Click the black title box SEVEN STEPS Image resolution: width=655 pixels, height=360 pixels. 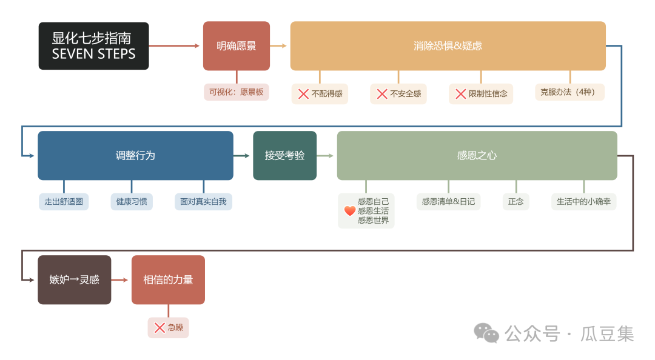[x=93, y=46]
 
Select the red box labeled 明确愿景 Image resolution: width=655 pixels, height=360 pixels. [x=236, y=46]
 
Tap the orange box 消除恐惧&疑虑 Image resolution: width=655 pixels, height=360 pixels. [x=448, y=46]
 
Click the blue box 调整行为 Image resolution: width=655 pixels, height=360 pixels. [x=135, y=156]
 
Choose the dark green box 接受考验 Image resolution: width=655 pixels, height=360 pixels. [x=284, y=156]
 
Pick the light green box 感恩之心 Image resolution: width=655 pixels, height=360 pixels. [x=477, y=156]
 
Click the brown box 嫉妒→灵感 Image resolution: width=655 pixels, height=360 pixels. [x=75, y=280]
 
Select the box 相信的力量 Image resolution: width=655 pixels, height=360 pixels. [x=168, y=280]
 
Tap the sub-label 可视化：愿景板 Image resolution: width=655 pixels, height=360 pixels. [x=237, y=92]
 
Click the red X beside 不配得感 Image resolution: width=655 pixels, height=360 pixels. [x=303, y=94]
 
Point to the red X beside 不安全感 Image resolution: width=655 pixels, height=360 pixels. [x=382, y=94]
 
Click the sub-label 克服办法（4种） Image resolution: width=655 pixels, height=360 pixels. [x=569, y=92]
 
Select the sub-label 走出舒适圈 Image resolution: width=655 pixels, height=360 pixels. [x=63, y=201]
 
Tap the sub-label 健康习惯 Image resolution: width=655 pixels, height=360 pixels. [x=132, y=201]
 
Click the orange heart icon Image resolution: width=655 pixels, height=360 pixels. [x=350, y=211]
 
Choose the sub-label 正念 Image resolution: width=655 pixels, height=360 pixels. [x=516, y=201]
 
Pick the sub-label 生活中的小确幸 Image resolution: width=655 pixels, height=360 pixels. [x=583, y=201]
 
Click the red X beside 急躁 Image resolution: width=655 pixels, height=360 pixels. [x=160, y=328]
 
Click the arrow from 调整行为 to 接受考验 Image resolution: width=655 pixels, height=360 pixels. [x=243, y=156]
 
